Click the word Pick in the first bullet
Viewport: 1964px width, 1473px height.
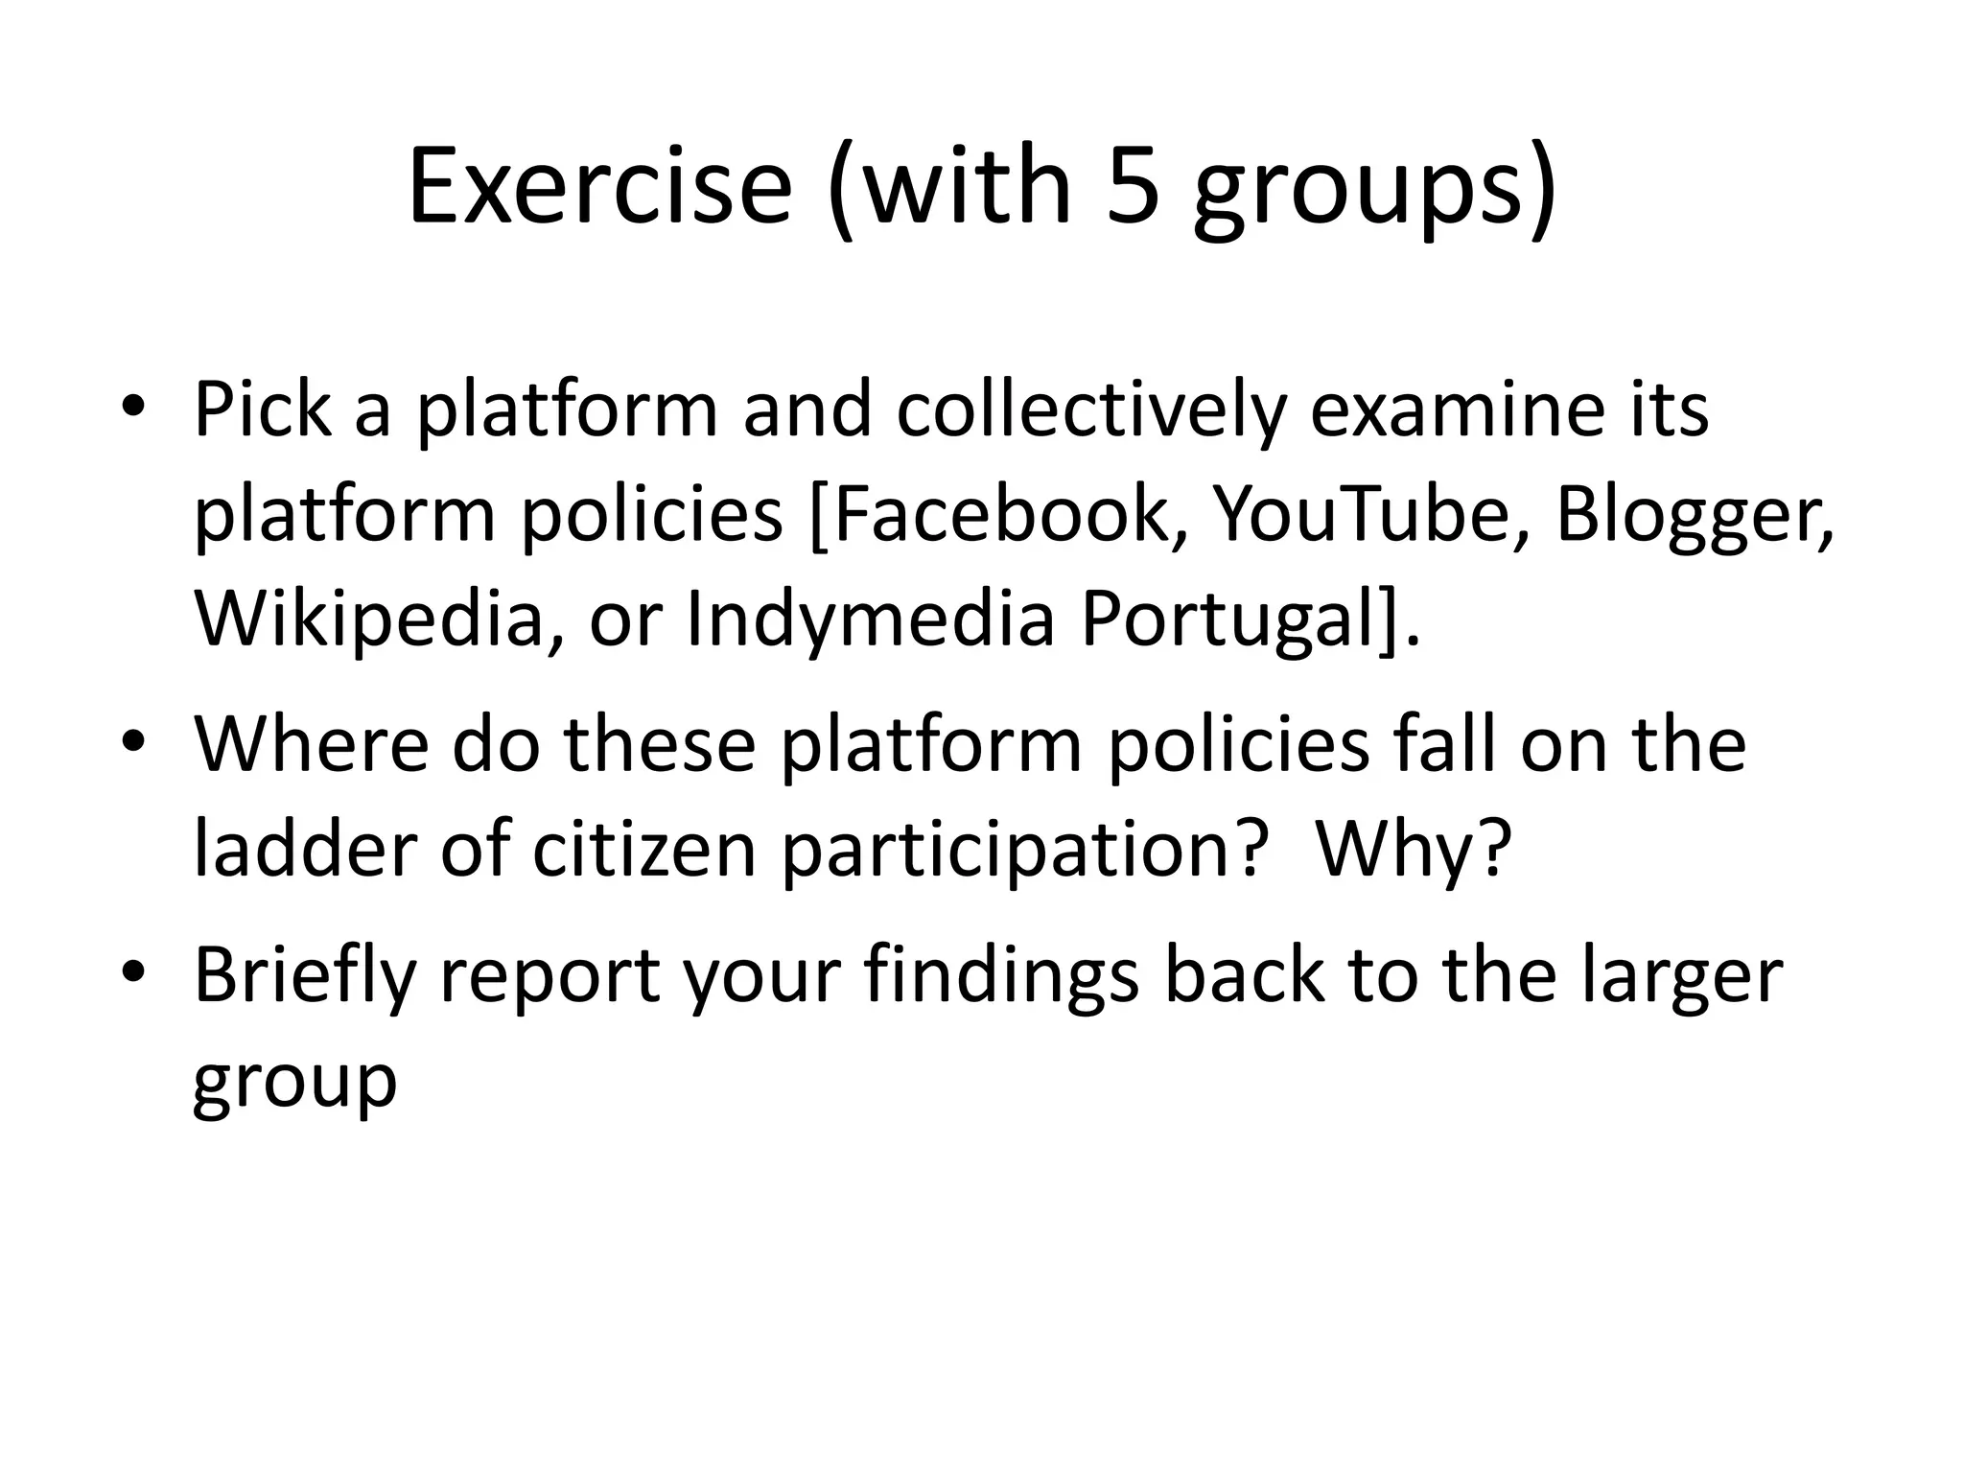[263, 410]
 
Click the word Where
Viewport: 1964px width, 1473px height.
[311, 744]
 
